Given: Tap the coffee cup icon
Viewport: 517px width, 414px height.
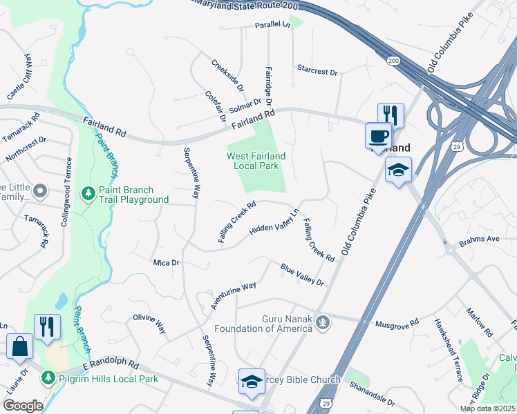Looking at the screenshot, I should click(378, 136).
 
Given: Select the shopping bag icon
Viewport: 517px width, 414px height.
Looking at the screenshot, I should click(19, 346).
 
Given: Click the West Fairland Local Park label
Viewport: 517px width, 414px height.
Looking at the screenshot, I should click(256, 161).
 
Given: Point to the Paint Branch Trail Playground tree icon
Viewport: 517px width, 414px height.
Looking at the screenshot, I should click(88, 191).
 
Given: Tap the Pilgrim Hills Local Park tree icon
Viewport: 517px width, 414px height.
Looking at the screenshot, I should click(48, 378).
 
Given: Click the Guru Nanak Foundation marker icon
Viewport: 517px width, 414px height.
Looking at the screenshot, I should click(321, 322).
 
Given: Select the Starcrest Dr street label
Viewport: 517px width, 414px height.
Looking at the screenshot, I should click(317, 71).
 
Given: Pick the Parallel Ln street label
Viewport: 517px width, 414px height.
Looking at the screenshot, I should click(272, 24).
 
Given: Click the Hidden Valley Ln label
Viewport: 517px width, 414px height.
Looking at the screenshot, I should click(274, 222).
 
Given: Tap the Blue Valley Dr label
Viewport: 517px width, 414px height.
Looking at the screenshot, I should click(302, 275).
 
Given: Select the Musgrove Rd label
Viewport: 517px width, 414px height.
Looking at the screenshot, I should click(397, 322).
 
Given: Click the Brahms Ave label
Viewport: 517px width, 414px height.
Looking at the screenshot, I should click(479, 239).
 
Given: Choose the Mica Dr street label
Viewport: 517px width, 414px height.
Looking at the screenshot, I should click(166, 262).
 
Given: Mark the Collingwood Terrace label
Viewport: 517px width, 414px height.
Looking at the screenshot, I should click(68, 187).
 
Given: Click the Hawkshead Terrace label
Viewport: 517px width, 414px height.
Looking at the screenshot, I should click(447, 351).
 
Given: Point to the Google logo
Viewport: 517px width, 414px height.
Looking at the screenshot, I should click(23, 406).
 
